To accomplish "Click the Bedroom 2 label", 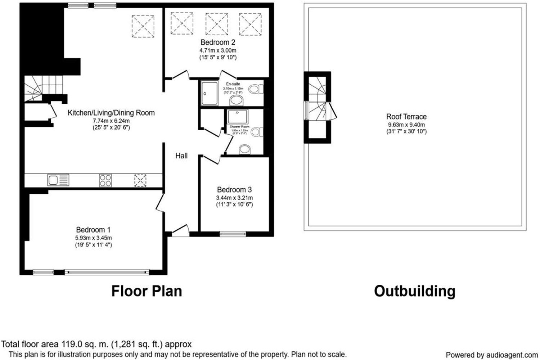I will (218, 42).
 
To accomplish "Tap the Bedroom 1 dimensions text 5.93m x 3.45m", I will (94, 238).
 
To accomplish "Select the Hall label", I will (181, 156).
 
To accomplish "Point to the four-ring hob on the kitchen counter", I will (105, 180).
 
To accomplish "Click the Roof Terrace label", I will (406, 117).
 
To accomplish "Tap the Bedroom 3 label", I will (234, 190).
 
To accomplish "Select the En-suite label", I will (233, 84).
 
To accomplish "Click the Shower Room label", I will (239, 127).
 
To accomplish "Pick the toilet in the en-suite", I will (256, 89).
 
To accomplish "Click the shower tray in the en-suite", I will (209, 93).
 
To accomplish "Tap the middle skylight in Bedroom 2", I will (216, 23).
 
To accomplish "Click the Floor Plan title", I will (147, 291).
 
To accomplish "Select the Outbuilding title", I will (414, 291).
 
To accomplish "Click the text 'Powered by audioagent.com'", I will (491, 355).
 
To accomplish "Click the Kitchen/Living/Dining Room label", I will (111, 113).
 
